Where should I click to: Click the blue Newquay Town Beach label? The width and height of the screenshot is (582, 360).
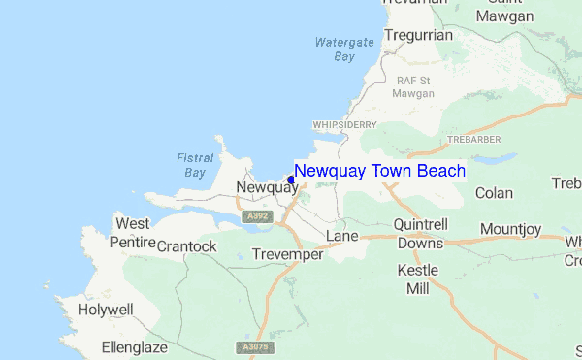click(379, 172)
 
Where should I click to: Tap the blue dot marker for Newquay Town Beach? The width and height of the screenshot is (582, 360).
click(290, 180)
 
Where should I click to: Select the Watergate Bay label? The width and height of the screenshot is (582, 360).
click(336, 49)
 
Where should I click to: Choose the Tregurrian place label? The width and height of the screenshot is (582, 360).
click(418, 34)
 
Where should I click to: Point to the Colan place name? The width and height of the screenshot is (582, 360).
click(494, 193)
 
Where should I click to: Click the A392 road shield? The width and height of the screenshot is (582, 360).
click(257, 216)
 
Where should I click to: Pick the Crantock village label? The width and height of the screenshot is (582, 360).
click(187, 246)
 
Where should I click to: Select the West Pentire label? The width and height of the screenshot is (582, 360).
click(133, 232)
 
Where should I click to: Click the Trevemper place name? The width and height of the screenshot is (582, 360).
click(285, 254)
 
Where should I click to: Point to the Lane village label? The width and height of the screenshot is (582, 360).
click(341, 237)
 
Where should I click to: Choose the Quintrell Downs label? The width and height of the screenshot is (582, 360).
click(420, 233)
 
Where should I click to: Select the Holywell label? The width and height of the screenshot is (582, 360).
click(107, 311)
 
